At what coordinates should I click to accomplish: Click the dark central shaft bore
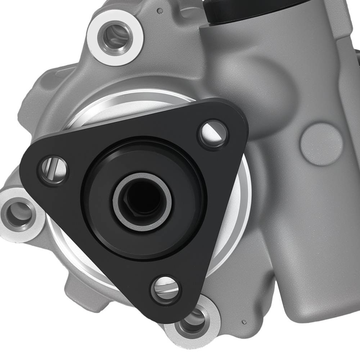[x=143, y=200]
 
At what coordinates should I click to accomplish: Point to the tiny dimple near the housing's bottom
[x=244, y=321]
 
